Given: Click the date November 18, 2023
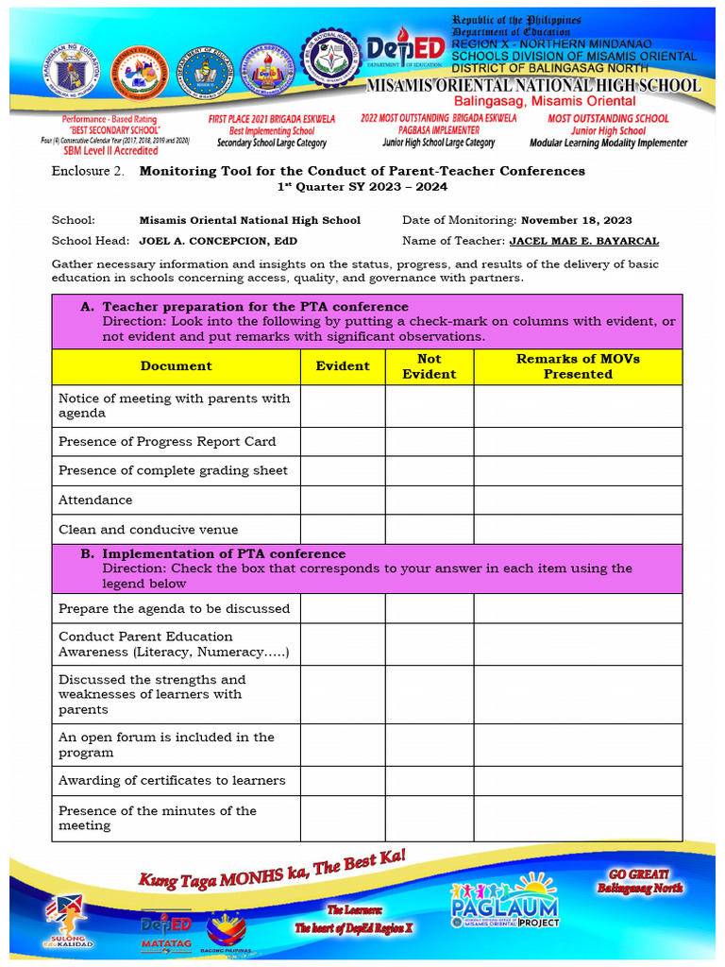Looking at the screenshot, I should [x=577, y=220].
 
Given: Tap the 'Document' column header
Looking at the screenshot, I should [x=177, y=366].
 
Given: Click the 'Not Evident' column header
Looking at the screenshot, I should [x=429, y=366].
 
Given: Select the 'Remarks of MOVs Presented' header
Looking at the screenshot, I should [x=578, y=366].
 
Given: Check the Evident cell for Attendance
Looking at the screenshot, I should [x=343, y=500].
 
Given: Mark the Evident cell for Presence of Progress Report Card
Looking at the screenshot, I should [x=343, y=442].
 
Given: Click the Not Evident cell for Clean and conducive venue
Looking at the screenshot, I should [x=429, y=530].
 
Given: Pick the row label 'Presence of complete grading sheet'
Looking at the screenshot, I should [x=173, y=470].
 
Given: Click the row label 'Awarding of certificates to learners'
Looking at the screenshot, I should [x=172, y=781].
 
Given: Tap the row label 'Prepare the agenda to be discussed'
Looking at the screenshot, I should [x=174, y=609].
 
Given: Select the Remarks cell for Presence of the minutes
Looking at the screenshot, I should [x=578, y=818].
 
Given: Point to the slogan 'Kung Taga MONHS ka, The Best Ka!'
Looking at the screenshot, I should [x=273, y=869].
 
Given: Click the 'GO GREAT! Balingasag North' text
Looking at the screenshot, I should [x=639, y=882].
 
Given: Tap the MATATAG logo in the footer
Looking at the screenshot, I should [x=166, y=930].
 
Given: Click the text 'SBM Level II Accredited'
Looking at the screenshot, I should [x=110, y=150].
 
